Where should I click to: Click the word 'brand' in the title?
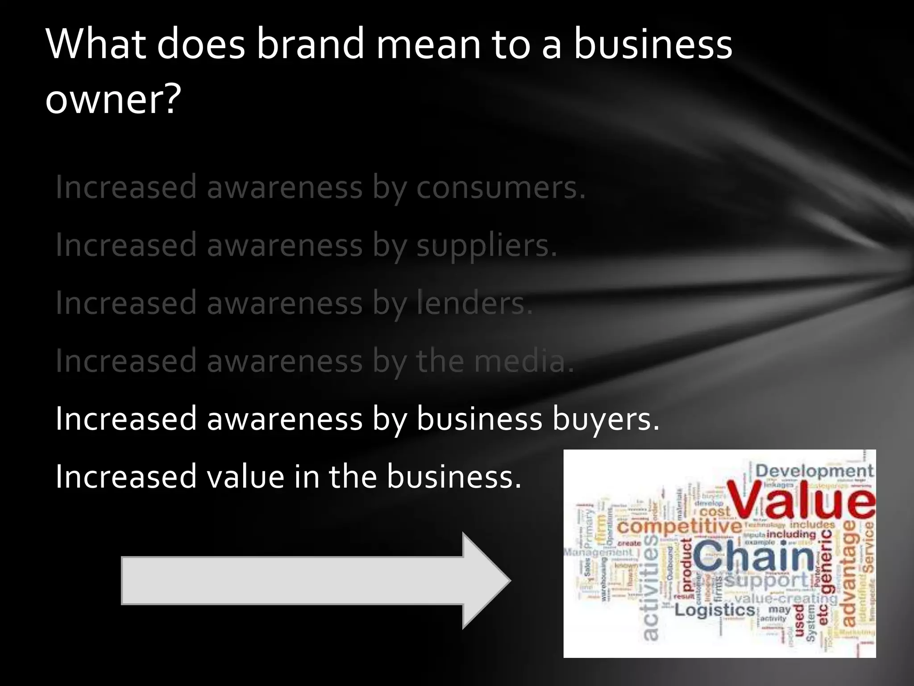311,44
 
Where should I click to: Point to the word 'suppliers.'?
486,246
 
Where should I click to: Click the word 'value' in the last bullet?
245,477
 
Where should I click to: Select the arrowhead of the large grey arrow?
486,581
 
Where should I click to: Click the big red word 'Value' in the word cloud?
801,499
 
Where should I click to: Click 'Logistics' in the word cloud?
714,610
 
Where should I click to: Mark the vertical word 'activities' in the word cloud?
651,587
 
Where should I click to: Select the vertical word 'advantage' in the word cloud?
849,574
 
